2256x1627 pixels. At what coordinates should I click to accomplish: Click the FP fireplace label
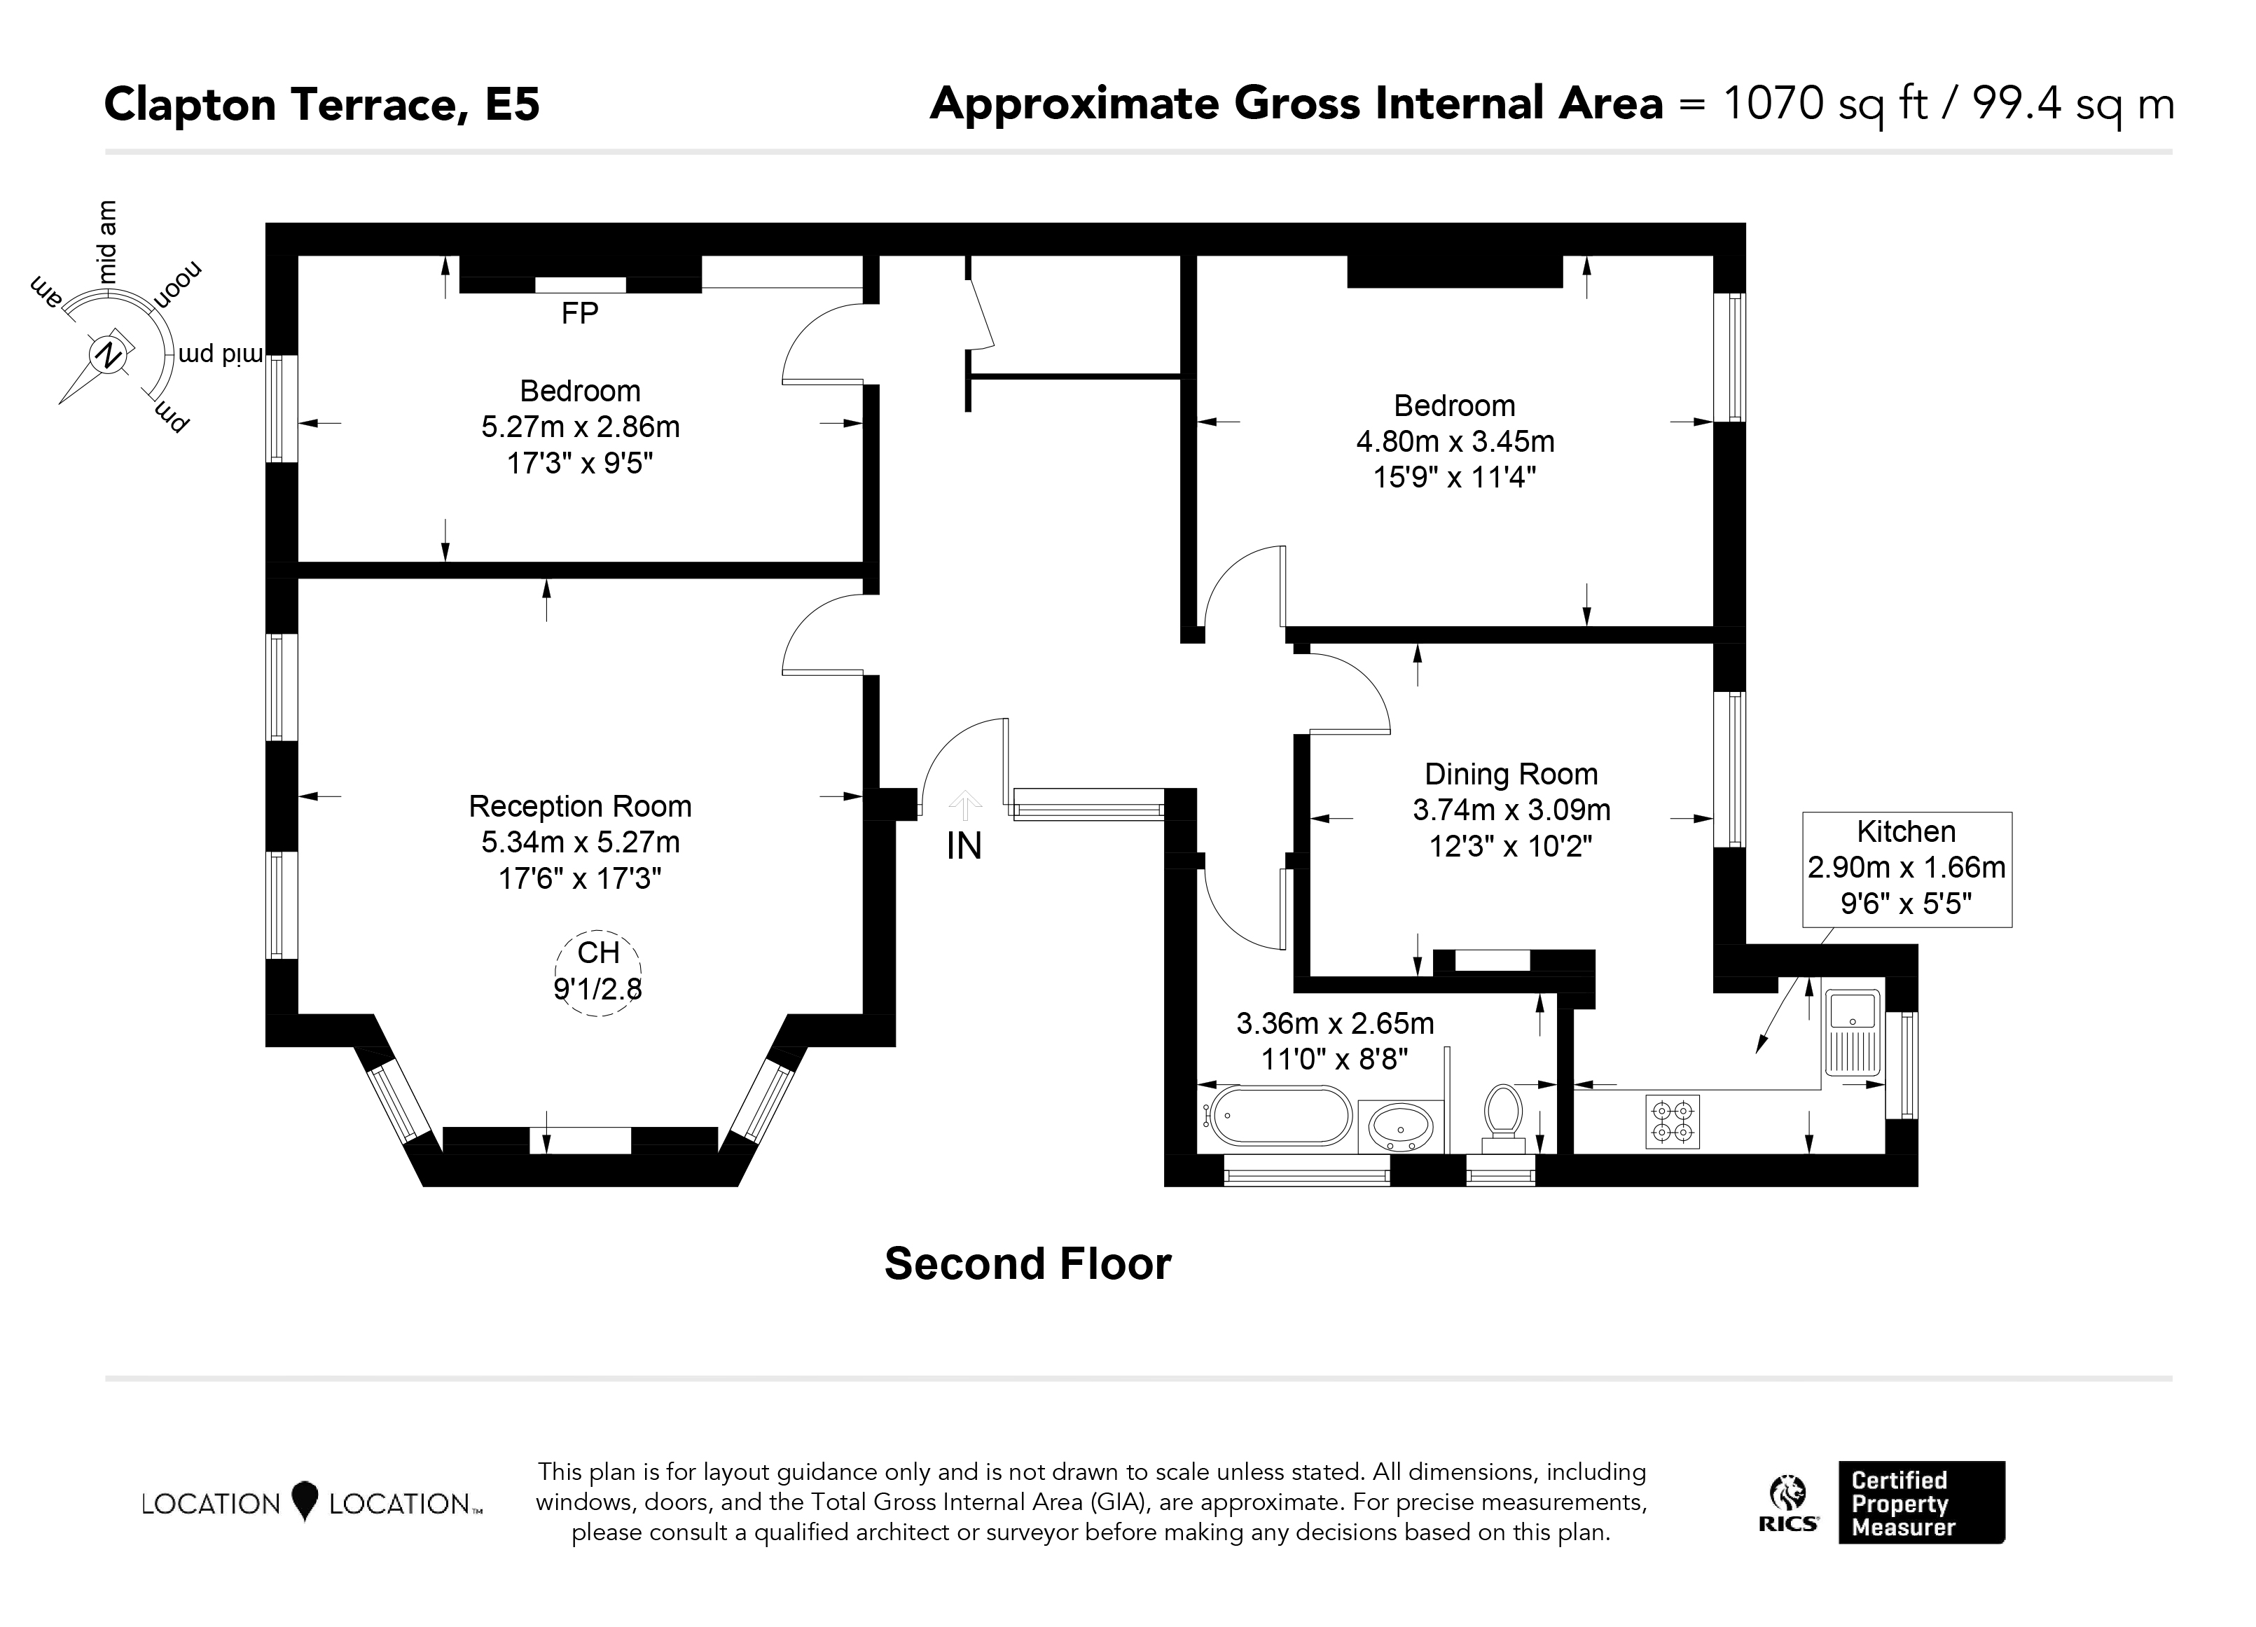pos(580,313)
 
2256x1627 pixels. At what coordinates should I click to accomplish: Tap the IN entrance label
pos(964,845)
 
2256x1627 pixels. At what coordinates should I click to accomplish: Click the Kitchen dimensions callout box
pos(1907,869)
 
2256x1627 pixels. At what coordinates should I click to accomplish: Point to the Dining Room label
pos(1511,774)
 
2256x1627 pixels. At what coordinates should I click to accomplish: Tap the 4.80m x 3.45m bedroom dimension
pos(1455,441)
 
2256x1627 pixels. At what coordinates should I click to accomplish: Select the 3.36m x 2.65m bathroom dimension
pos(1335,1023)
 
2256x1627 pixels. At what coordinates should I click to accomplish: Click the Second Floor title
pos(1027,1264)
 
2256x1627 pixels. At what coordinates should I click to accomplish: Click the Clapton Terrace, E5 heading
pos(322,104)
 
